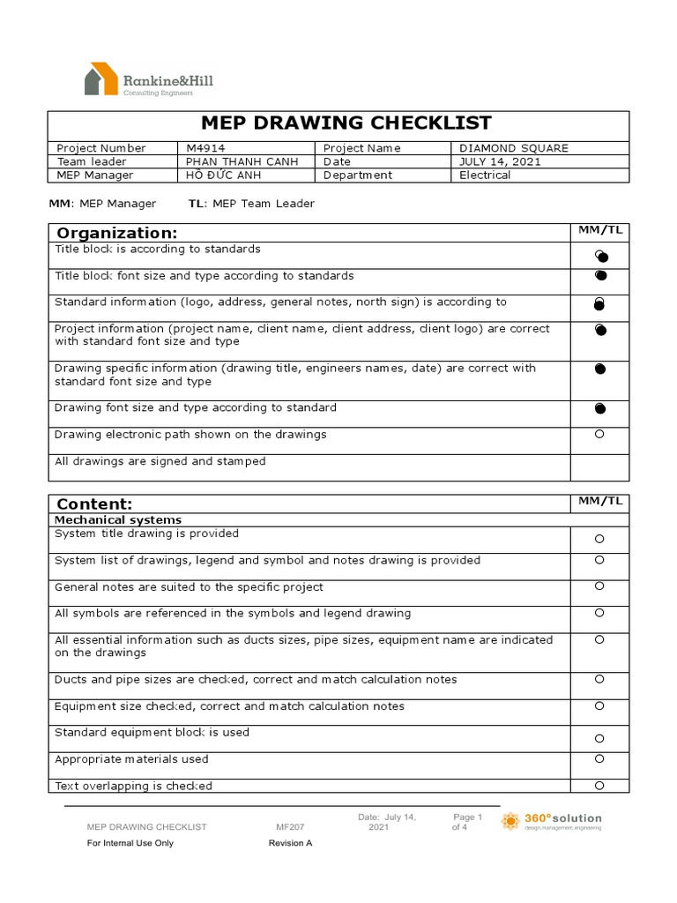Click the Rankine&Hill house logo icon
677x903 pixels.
coord(101,78)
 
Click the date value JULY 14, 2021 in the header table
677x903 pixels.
coord(500,161)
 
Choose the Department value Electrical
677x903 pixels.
coord(485,175)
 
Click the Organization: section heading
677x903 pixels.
coord(117,233)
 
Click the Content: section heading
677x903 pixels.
coord(94,504)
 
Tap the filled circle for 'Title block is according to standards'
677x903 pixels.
coord(600,257)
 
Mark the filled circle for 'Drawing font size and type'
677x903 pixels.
coord(600,408)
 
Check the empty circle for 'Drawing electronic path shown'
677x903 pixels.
coord(599,435)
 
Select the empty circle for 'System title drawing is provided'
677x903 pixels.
coord(599,539)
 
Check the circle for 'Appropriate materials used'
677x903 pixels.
coord(599,758)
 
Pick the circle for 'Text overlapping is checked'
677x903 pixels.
coord(599,785)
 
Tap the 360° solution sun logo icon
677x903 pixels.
coord(510,822)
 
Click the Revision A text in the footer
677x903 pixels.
coord(290,843)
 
